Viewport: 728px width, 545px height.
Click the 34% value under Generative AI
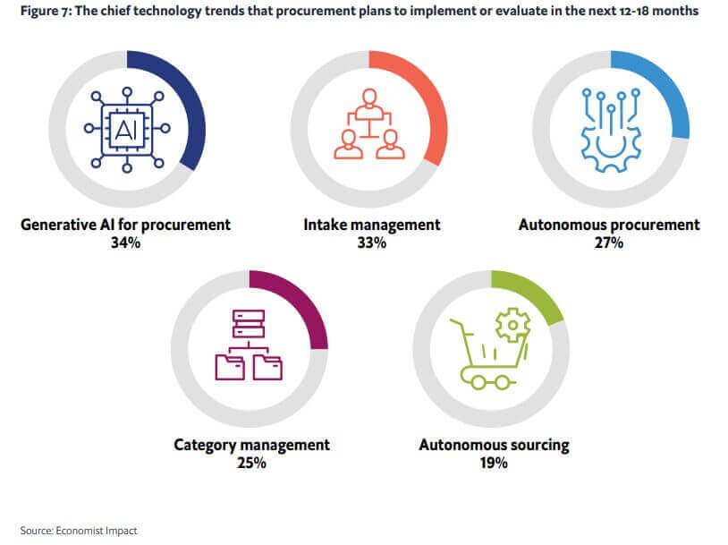click(x=126, y=242)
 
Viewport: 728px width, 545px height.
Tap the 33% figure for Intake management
click(x=369, y=242)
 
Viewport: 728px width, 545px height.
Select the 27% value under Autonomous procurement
click(x=609, y=242)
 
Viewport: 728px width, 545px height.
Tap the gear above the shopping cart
click(x=512, y=327)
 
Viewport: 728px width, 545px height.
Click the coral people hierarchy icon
click(x=368, y=126)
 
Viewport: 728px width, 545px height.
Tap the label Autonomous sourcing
click(x=494, y=445)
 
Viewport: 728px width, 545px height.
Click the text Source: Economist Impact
click(x=79, y=531)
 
